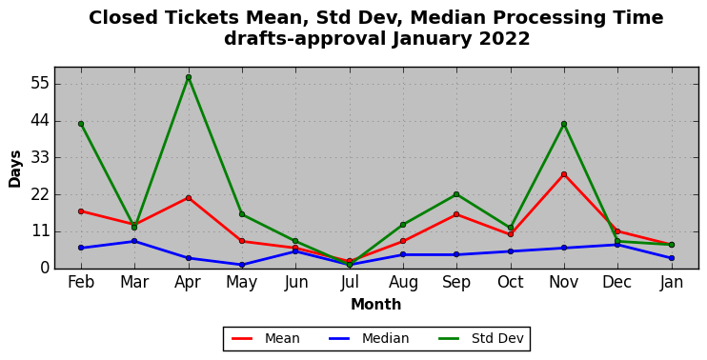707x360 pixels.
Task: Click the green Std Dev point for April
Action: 189,77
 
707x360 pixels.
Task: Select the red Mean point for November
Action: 564,174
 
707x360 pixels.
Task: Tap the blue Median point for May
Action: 242,265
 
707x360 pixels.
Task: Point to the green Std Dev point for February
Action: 81,124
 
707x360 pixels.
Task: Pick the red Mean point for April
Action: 189,198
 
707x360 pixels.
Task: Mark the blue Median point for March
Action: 134,241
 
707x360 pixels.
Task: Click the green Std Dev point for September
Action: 456,194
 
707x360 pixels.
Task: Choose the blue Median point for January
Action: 672,258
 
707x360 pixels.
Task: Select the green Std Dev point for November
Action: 564,124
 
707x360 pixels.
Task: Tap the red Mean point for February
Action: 81,210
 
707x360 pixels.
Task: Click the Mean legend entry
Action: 266,338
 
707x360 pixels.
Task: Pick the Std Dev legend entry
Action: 481,338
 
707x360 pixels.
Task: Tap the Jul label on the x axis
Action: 350,283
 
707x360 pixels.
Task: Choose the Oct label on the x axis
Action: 511,283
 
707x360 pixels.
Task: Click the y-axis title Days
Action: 15,169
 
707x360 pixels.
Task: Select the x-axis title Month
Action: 376,305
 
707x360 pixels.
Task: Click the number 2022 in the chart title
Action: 504,39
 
